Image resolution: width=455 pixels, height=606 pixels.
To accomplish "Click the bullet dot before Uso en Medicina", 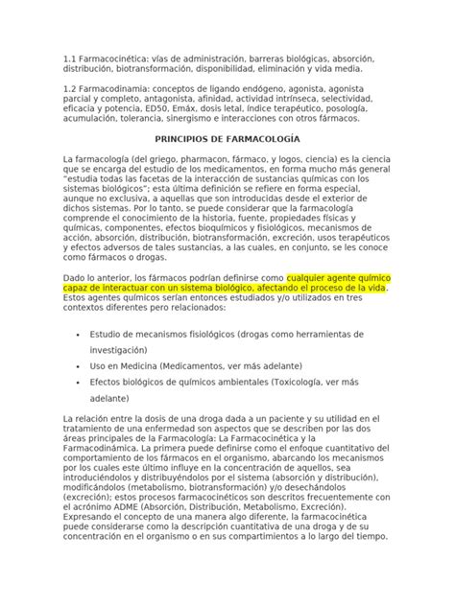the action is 76,366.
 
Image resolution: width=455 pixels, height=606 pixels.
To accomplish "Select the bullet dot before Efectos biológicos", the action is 76,382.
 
